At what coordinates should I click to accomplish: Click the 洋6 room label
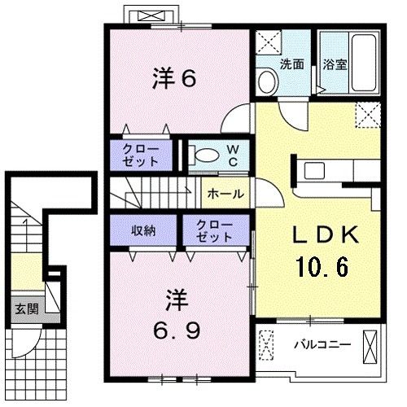click(x=175, y=80)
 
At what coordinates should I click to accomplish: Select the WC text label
click(x=232, y=155)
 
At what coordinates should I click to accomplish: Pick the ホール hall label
click(x=223, y=194)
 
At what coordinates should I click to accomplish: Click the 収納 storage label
click(x=143, y=230)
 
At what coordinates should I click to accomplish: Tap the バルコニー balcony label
click(x=322, y=345)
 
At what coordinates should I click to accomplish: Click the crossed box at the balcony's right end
click(x=371, y=346)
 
